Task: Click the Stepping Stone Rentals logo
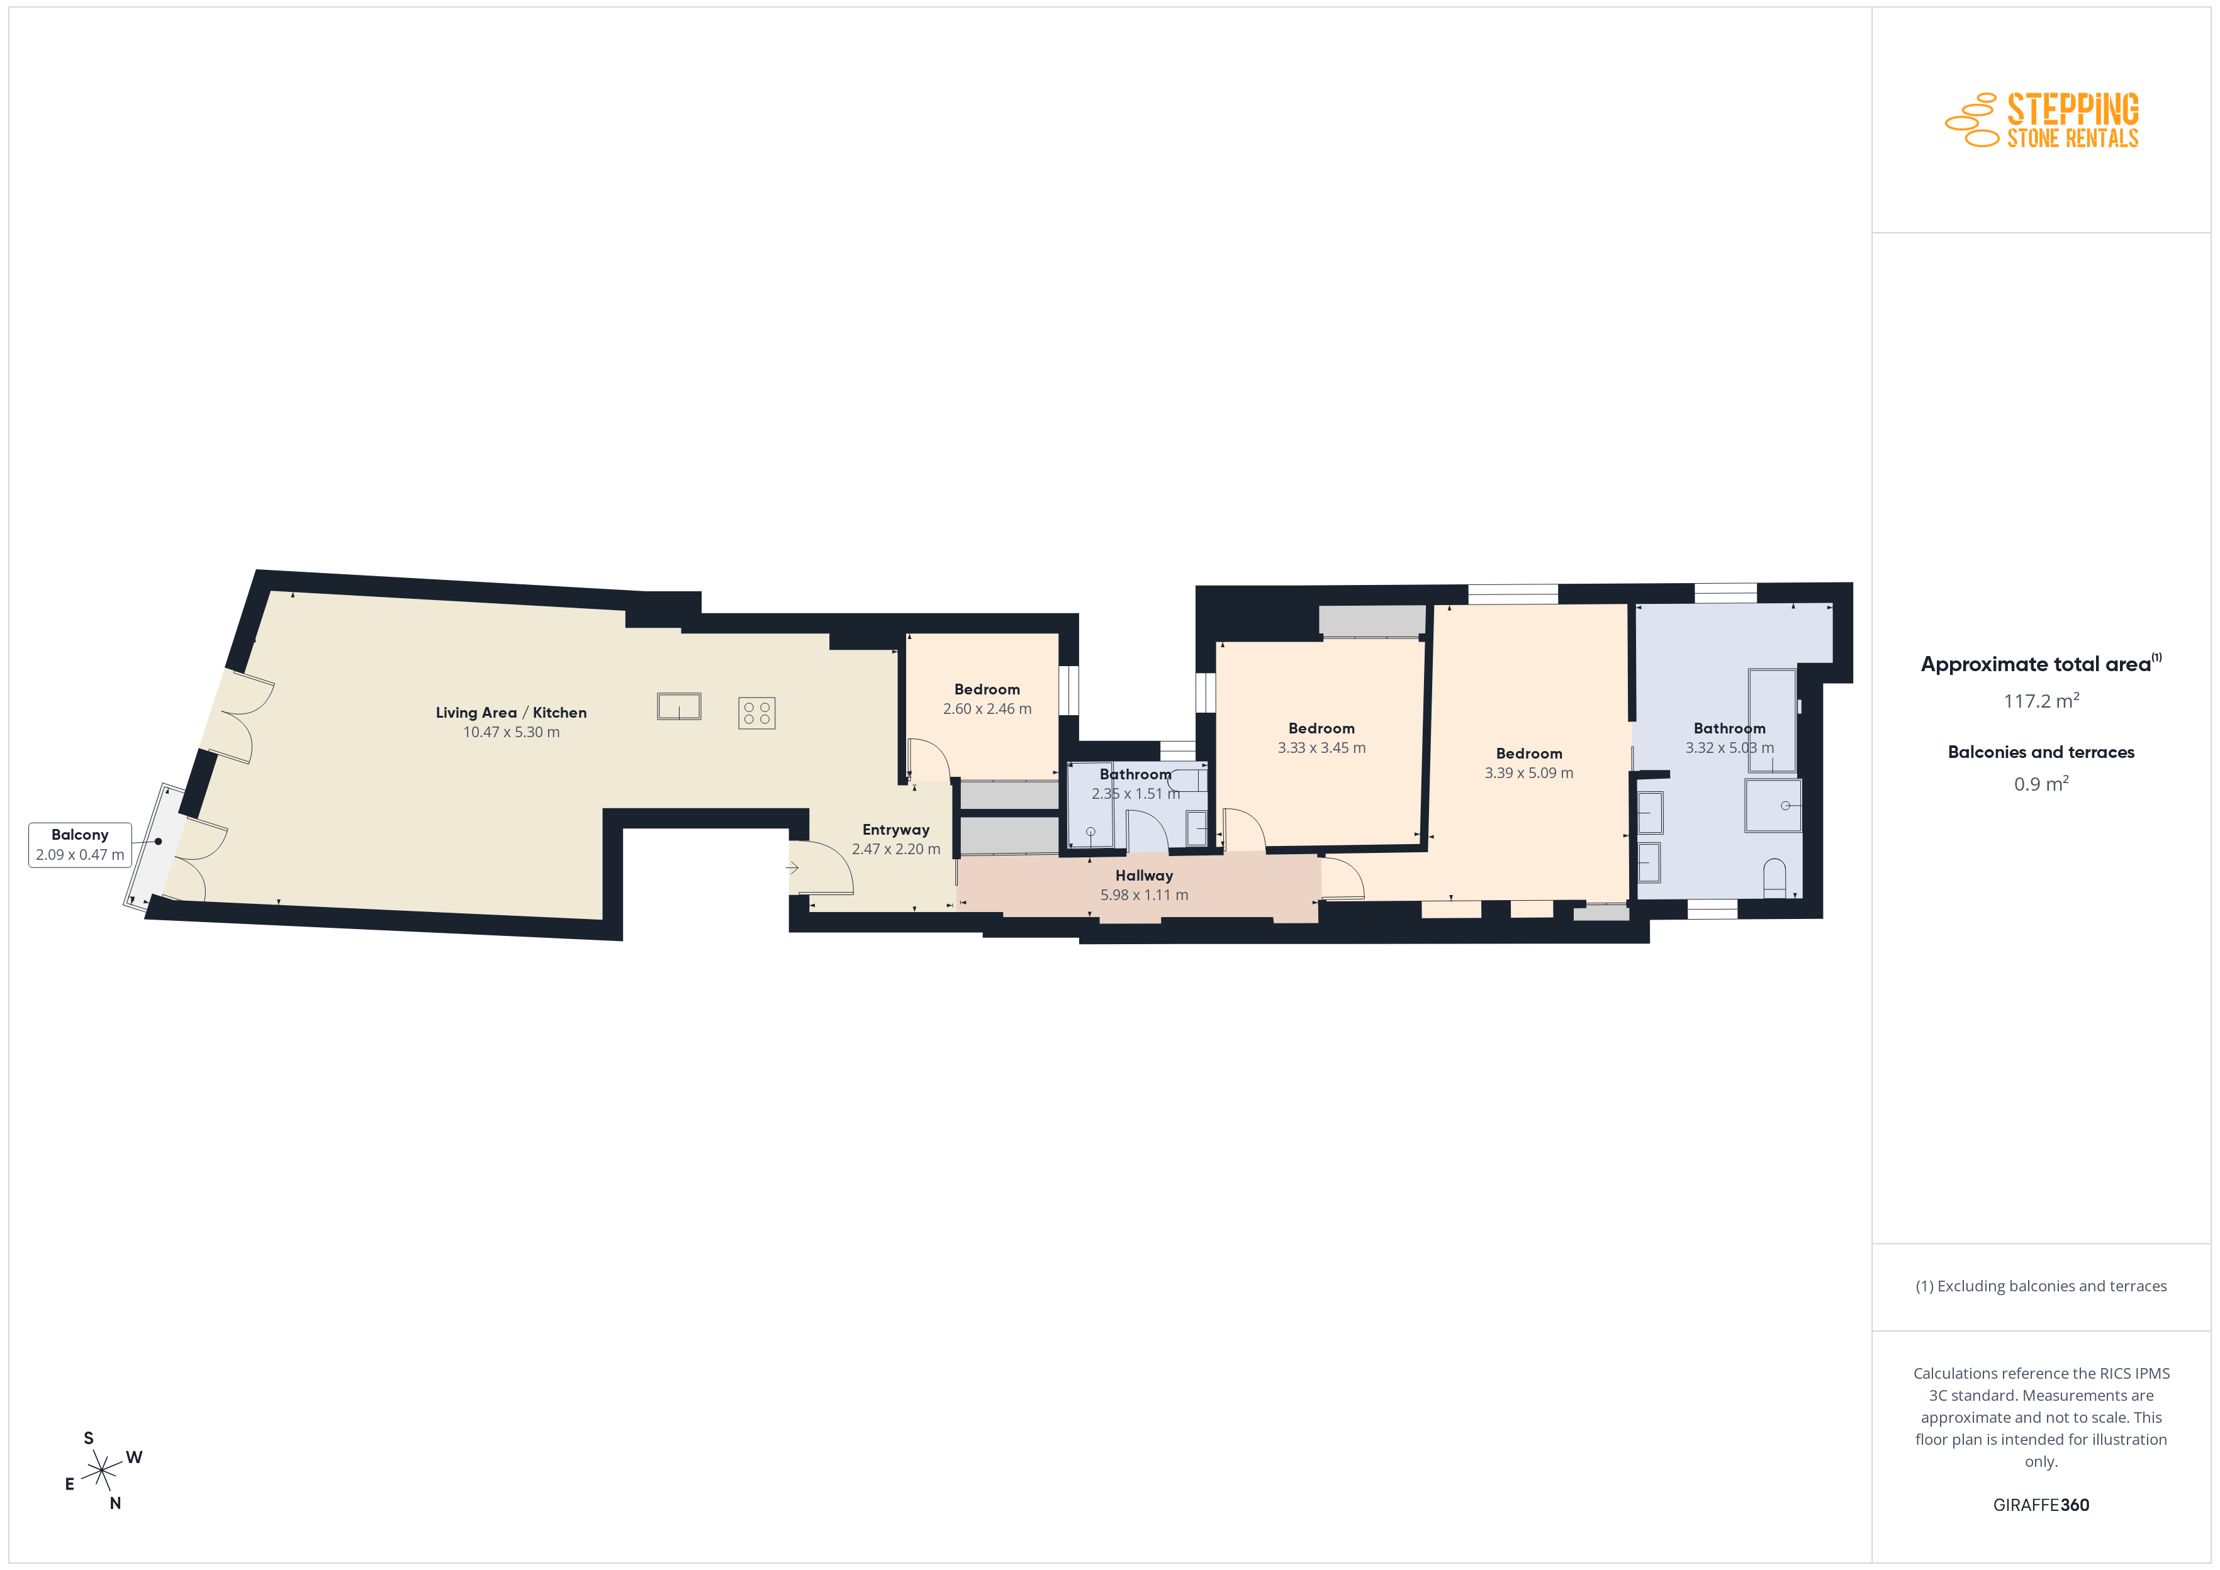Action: (2041, 120)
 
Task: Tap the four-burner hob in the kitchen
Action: (756, 713)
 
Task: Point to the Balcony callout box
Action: (79, 845)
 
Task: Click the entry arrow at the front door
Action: (792, 867)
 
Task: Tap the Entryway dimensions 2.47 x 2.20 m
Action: (895, 849)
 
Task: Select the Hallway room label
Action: (1144, 875)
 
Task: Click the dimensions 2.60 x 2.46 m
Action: (987, 709)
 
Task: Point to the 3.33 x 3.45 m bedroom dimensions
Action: (1322, 747)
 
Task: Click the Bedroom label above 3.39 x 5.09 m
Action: (1528, 753)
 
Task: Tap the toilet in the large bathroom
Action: (1774, 878)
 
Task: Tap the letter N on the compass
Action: (115, 1503)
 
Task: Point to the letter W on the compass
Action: (135, 1457)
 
